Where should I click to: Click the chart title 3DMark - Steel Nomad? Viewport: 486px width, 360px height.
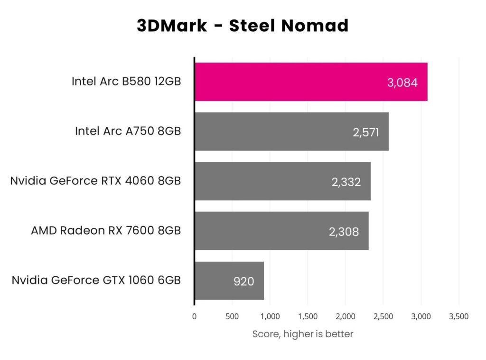[243, 26]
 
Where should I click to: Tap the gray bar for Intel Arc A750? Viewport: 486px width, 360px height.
[275, 132]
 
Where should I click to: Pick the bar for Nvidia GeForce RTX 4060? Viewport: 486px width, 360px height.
[266, 181]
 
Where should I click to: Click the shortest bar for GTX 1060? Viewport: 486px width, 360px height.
[214, 281]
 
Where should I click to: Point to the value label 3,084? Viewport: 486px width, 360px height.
[402, 83]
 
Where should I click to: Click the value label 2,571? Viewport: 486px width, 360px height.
[365, 132]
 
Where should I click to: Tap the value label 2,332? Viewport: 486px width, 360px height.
[346, 182]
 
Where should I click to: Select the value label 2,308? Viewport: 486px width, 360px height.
[344, 231]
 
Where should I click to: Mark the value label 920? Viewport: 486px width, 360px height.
[243, 281]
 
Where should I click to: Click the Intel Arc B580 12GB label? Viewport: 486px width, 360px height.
[126, 81]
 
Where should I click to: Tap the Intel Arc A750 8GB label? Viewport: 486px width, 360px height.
[128, 131]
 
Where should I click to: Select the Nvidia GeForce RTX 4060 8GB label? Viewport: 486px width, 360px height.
[95, 181]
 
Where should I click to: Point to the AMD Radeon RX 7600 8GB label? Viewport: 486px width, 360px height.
[106, 231]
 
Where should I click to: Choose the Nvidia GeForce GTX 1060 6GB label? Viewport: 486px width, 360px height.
[96, 280]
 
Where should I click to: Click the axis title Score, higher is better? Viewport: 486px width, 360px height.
[303, 334]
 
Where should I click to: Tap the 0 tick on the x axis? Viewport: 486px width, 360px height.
[194, 316]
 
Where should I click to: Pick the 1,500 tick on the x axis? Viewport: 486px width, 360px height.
[307, 316]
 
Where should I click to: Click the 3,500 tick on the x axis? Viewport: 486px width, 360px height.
[458, 316]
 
